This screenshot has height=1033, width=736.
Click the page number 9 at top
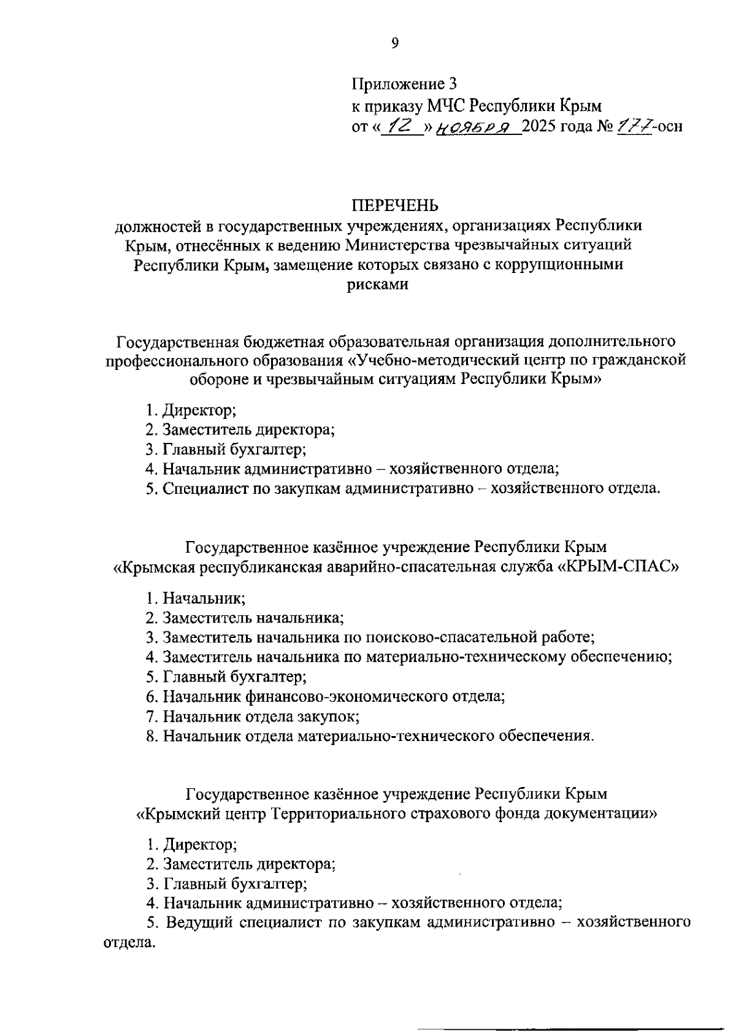point(394,42)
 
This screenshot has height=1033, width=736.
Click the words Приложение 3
point(404,83)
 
